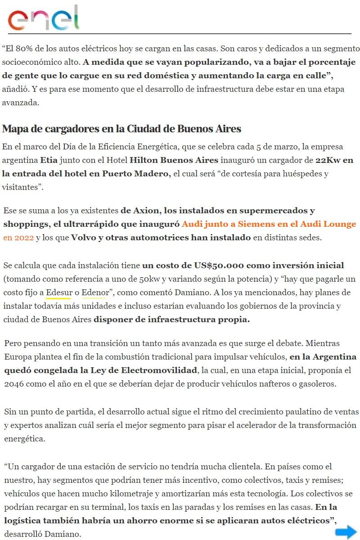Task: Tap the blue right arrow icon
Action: tap(346, 532)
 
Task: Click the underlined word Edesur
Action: tap(58, 293)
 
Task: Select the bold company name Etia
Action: tap(48, 160)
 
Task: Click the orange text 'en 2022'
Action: tap(18, 237)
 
